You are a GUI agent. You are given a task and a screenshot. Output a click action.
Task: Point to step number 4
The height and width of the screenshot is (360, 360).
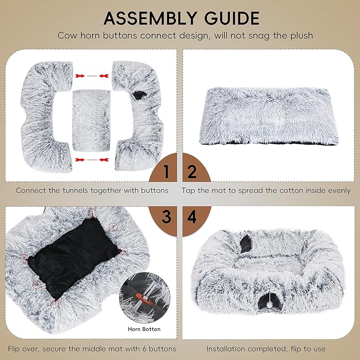tap(192, 216)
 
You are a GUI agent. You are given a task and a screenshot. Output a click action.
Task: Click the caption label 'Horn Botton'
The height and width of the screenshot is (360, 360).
tap(144, 329)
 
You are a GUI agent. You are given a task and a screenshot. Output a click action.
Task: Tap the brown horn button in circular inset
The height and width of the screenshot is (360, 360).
tap(139, 298)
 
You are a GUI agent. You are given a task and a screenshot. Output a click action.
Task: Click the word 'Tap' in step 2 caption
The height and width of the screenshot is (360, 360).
tap(189, 190)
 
